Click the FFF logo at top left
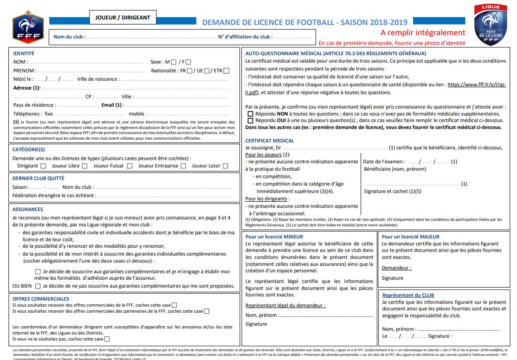click(28, 27)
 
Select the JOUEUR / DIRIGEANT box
click(123, 18)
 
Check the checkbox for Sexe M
click(174, 62)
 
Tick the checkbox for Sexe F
click(188, 62)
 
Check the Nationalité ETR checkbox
click(226, 71)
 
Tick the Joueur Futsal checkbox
click(129, 166)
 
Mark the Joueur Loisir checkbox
click(225, 166)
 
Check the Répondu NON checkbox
click(251, 114)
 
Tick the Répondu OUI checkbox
click(251, 120)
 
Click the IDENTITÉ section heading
click(24, 53)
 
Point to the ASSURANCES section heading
click(28, 209)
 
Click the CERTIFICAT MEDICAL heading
click(270, 141)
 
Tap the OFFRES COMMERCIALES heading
click(41, 299)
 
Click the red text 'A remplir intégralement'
click(422, 32)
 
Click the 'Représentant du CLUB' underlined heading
click(408, 295)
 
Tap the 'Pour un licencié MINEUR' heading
click(274, 237)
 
